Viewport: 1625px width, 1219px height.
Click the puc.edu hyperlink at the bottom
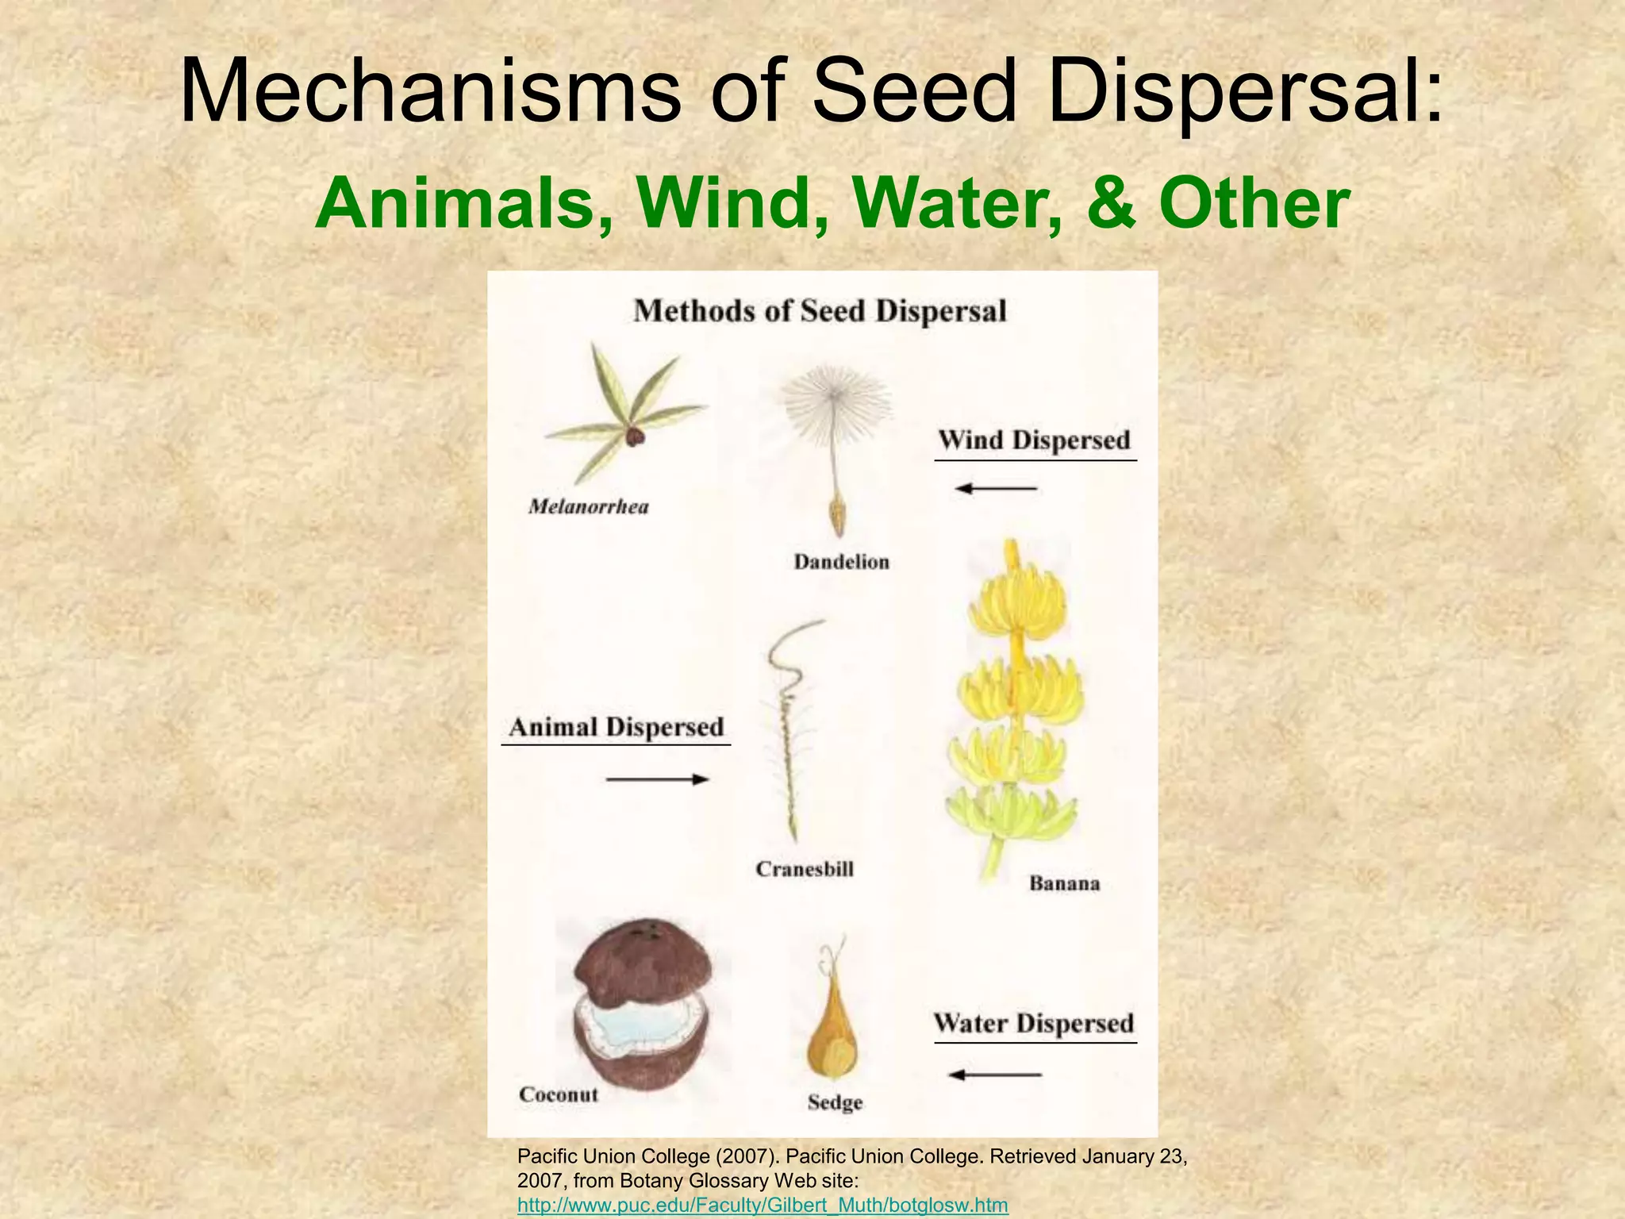(762, 1205)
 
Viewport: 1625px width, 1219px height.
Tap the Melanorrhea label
(589, 506)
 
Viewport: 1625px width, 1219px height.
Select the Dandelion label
(842, 562)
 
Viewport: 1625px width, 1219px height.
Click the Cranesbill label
(805, 869)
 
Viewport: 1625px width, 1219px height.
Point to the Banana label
(1064, 883)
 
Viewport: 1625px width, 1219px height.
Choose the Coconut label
(559, 1094)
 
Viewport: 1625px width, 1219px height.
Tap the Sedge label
(835, 1102)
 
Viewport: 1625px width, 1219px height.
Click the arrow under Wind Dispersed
(996, 488)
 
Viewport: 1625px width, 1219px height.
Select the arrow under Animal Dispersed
(657, 779)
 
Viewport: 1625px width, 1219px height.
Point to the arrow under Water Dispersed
(995, 1075)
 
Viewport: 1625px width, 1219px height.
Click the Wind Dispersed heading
(1034, 440)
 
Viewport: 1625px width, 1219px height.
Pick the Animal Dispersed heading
(617, 728)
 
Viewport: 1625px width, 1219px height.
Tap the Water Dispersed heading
(1034, 1024)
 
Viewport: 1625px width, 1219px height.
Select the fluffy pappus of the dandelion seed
(835, 406)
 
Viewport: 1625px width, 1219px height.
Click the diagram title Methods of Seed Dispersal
(820, 310)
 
